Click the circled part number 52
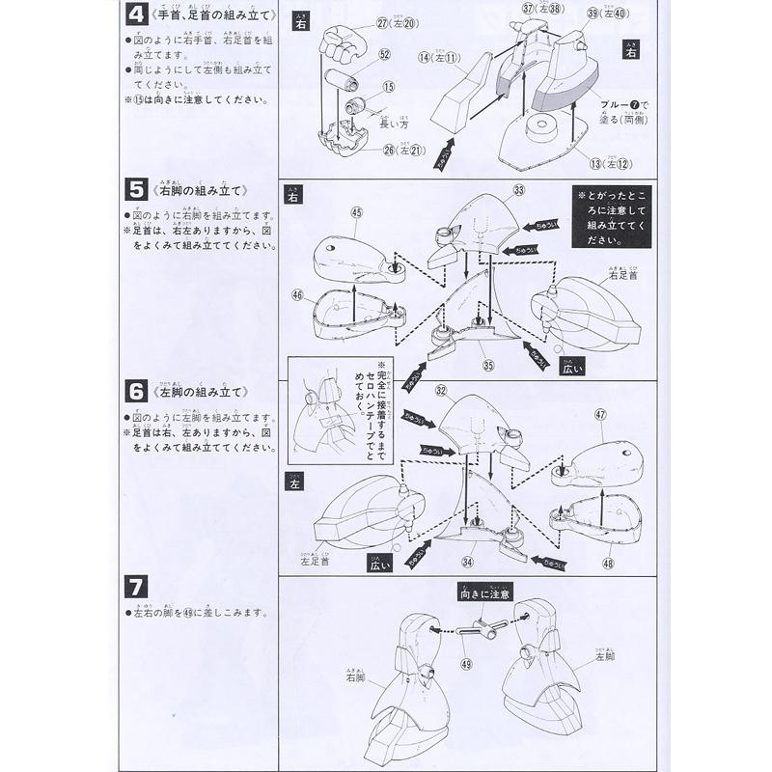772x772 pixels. coord(384,54)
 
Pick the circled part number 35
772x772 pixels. coord(488,365)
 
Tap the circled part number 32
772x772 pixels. coord(441,391)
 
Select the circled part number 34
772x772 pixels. coord(468,563)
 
